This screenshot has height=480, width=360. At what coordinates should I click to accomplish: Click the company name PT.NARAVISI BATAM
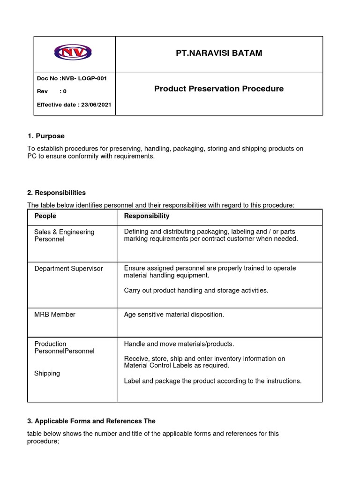218,53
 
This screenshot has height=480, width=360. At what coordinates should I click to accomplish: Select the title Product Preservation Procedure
218,89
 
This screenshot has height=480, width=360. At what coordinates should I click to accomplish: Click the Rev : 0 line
52,91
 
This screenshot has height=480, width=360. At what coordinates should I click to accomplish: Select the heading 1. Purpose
46,136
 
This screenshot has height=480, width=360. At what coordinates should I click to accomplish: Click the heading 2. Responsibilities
56,193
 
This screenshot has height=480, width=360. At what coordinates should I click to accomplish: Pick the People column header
45,216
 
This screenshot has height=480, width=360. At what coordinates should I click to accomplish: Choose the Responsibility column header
147,216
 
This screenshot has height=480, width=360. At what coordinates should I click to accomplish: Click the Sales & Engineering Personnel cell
64,235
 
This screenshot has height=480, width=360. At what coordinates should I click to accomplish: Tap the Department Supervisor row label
68,269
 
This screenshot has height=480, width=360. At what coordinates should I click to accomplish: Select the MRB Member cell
55,315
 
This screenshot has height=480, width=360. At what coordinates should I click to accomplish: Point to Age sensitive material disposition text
174,315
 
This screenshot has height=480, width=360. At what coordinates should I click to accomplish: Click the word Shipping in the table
47,374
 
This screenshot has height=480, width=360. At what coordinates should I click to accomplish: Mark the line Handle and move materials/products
179,344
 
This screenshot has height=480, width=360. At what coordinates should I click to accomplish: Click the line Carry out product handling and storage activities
196,290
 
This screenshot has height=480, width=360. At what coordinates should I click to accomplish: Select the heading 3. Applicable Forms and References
91,421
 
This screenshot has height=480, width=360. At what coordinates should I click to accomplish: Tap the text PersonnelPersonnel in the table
64,351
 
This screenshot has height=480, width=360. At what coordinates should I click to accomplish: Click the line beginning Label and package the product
213,381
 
